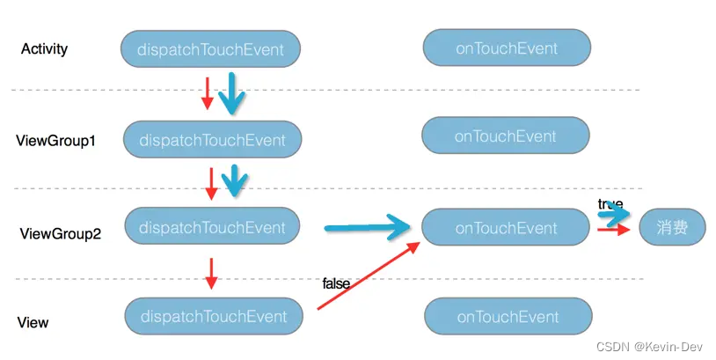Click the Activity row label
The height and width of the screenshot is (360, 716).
[x=44, y=49]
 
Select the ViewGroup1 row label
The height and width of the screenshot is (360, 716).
[x=55, y=140]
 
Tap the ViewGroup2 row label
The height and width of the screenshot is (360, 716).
[x=60, y=234]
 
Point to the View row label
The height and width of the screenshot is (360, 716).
[x=33, y=323]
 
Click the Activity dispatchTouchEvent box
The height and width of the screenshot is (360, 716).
[x=211, y=49]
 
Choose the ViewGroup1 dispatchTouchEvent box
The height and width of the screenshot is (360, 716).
[x=212, y=140]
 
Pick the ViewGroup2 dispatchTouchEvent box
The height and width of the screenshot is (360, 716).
[x=213, y=227]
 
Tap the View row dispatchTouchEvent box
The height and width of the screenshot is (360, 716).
[x=214, y=317]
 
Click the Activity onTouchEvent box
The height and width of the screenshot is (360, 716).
[x=506, y=48]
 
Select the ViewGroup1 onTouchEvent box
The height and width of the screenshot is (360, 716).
[x=505, y=136]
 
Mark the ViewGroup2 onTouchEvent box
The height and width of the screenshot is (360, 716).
[x=506, y=228]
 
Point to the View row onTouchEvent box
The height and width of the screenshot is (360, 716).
[x=508, y=317]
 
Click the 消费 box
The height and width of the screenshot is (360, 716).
[x=672, y=228]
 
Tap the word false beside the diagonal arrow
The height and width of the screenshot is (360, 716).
[x=336, y=283]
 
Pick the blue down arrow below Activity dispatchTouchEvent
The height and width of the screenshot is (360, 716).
[x=232, y=93]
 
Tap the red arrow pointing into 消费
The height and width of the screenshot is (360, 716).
[x=614, y=230]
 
